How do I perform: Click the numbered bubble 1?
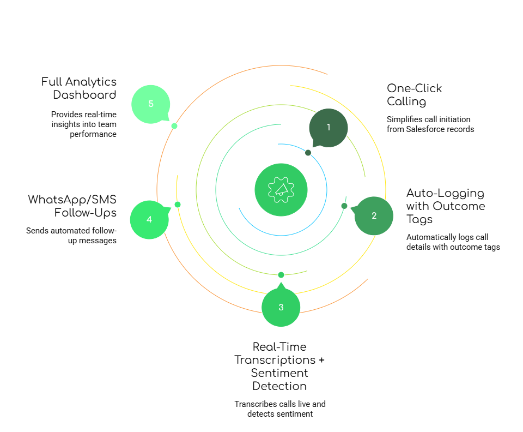(329, 128)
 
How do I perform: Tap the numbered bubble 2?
(374, 215)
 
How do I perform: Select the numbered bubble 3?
(281, 307)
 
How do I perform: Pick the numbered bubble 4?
(149, 219)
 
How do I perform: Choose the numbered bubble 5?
(151, 104)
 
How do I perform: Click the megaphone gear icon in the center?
(281, 189)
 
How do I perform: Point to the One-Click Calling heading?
(414, 95)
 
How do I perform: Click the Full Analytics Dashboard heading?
(79, 88)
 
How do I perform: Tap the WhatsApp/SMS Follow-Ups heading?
(72, 206)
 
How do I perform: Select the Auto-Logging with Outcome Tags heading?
(445, 206)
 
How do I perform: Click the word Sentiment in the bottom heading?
(279, 373)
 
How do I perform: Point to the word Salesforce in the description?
(428, 129)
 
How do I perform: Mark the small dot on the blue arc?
(308, 153)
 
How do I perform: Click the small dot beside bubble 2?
(344, 206)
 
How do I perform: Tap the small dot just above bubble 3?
(281, 275)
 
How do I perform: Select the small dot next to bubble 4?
(178, 205)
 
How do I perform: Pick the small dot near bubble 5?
(174, 126)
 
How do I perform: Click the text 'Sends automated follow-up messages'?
(71, 236)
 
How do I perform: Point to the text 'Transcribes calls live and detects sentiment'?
(280, 409)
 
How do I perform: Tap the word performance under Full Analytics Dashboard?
(93, 134)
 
